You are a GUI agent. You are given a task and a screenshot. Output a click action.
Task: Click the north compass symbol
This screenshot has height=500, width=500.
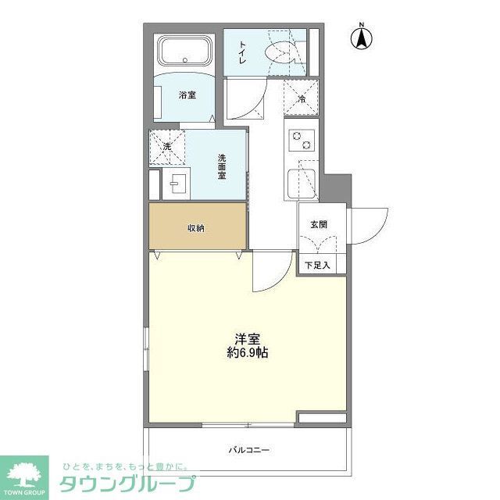tap(363, 37)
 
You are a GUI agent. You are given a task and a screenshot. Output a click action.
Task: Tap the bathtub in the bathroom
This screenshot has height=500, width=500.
tap(184, 52)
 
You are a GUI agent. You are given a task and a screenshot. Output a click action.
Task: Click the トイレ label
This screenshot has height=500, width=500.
tap(243, 52)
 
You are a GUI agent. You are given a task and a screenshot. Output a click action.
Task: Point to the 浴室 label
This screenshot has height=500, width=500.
tap(187, 95)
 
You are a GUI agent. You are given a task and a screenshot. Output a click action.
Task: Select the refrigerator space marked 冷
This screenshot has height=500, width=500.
tap(301, 98)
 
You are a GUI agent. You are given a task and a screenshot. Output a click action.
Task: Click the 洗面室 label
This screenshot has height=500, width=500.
tap(222, 168)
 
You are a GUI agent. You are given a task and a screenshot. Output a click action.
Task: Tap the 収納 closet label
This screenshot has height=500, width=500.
tap(195, 228)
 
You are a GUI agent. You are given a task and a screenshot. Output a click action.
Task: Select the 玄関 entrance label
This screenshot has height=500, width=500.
tap(318, 224)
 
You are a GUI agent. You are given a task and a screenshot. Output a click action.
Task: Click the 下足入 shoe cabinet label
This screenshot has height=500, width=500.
tap(317, 265)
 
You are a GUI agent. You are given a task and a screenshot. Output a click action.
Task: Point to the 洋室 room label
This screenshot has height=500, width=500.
tap(248, 338)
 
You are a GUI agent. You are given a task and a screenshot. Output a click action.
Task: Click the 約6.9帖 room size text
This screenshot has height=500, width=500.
tap(248, 352)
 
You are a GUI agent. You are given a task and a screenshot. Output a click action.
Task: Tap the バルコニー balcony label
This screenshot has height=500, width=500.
tap(249, 450)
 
